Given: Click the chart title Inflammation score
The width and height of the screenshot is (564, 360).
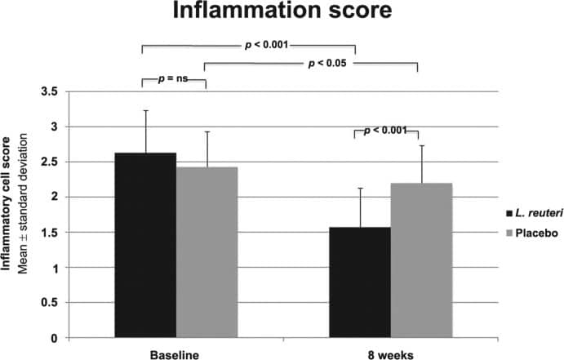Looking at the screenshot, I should tap(282, 15).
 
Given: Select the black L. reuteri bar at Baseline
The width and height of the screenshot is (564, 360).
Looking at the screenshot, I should tap(146, 245).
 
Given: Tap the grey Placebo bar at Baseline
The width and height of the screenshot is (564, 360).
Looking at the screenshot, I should tap(207, 252).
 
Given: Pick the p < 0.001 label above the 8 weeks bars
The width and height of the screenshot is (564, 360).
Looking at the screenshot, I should tap(384, 130).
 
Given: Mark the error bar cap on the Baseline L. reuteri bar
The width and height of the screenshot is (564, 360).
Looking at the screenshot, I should tap(146, 110).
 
